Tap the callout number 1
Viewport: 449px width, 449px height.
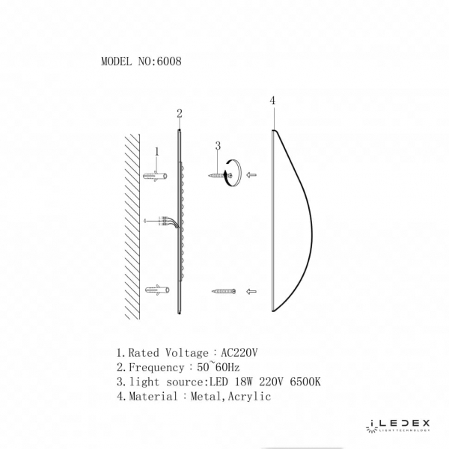point(157,152)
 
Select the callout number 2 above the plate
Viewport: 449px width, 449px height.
point(180,114)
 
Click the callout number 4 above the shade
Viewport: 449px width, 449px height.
point(272,100)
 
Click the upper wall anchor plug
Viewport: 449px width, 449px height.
point(156,176)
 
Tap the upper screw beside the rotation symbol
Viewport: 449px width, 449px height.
point(220,176)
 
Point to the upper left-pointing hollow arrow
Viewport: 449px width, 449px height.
point(251,175)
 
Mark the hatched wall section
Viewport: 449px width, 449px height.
point(132,224)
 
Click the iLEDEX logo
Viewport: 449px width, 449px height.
point(398,425)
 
